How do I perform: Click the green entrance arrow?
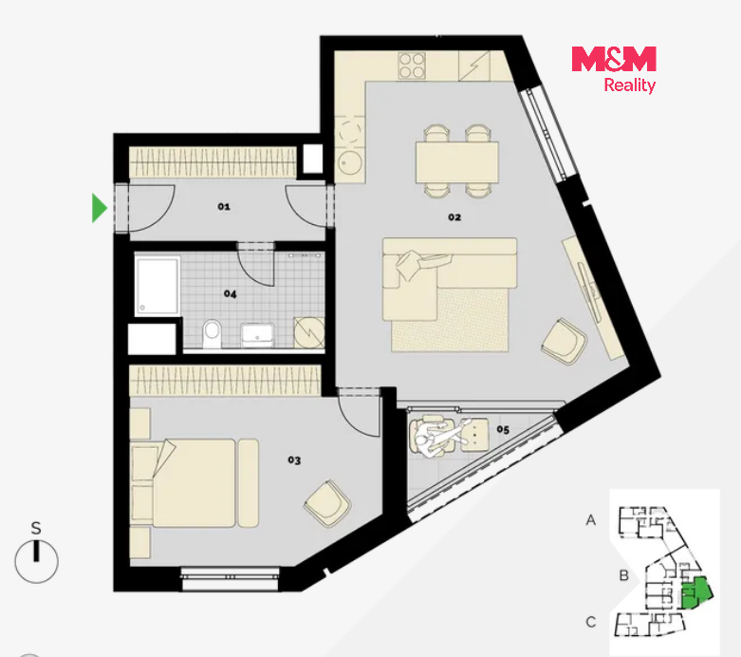(x=99, y=208)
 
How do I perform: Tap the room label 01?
(x=224, y=207)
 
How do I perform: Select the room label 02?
(x=454, y=217)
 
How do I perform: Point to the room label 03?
(x=294, y=460)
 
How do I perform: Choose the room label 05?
(x=503, y=429)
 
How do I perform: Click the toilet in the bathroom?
(x=212, y=333)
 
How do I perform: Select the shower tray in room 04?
(x=157, y=285)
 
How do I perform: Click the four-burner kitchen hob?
(x=412, y=66)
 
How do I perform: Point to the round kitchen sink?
(x=350, y=163)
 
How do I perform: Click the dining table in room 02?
(x=457, y=162)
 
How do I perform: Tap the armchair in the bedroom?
(x=327, y=503)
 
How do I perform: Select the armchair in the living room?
(x=565, y=341)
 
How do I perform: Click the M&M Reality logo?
(x=614, y=69)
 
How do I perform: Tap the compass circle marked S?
(x=36, y=561)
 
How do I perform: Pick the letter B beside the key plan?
(x=623, y=575)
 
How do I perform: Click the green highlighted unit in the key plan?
(x=696, y=592)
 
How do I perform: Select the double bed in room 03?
(x=195, y=483)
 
